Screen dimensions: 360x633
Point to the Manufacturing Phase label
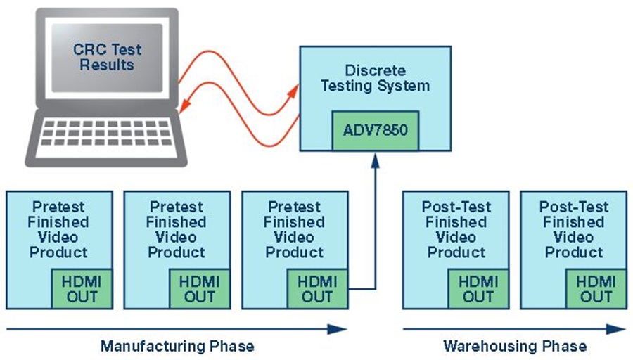pyautogui.click(x=177, y=346)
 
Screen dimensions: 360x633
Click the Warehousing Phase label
pyautogui.click(x=516, y=346)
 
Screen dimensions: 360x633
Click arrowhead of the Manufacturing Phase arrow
pyautogui.click(x=340, y=329)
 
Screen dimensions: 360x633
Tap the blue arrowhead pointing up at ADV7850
pyautogui.click(x=375, y=160)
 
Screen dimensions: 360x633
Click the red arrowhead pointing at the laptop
pyautogui.click(x=185, y=104)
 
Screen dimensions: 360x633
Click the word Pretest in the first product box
pyautogui.click(x=58, y=207)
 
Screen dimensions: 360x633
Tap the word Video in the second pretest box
pyautogui.click(x=177, y=237)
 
